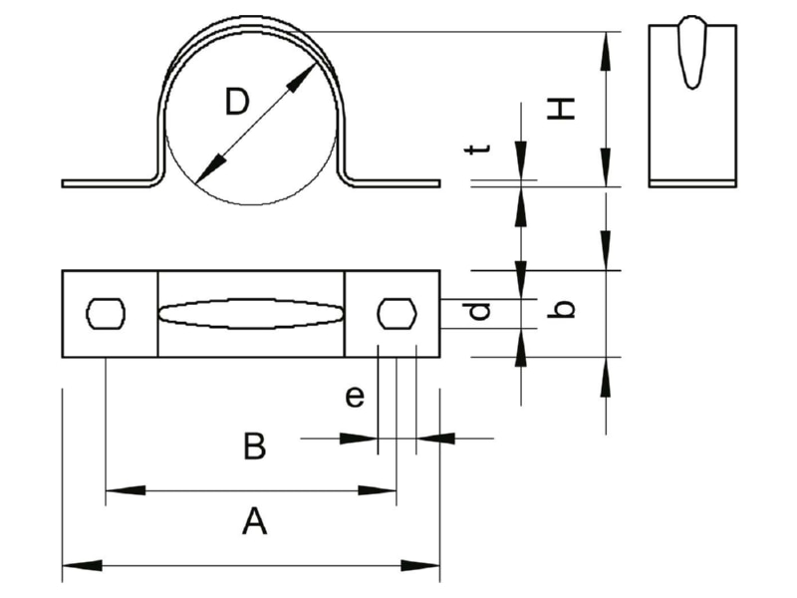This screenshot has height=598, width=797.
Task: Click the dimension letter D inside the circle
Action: (x=237, y=102)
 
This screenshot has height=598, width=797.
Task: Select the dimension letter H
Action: (x=561, y=109)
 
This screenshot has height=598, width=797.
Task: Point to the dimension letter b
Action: (x=561, y=309)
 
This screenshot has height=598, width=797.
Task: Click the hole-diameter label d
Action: (x=479, y=311)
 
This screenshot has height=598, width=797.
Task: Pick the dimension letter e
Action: (x=355, y=396)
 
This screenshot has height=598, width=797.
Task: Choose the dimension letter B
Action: (x=254, y=446)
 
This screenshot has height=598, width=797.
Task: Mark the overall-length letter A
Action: (x=254, y=520)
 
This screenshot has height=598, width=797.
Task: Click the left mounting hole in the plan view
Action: (x=106, y=314)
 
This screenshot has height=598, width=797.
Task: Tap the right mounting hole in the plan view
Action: (x=397, y=313)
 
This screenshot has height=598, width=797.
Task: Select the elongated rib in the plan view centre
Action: (x=251, y=314)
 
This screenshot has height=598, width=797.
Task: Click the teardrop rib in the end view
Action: (x=691, y=53)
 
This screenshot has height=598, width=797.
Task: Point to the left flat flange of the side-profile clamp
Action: (x=107, y=183)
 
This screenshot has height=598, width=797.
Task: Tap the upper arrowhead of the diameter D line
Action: (x=302, y=78)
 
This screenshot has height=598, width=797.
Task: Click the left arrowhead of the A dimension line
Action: (x=82, y=565)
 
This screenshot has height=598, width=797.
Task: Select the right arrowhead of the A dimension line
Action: (x=420, y=565)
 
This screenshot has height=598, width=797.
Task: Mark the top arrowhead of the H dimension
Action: (x=606, y=51)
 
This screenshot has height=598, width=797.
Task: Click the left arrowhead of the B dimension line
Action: (x=359, y=439)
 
